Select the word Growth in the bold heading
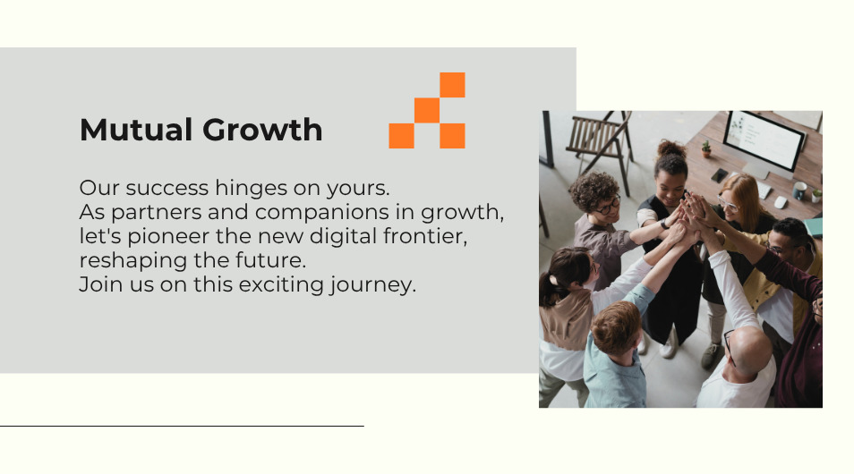coord(262,130)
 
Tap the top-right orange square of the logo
coord(452,85)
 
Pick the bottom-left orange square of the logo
coord(401,136)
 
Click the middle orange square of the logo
coord(427,111)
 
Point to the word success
coord(167,189)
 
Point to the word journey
coord(372,285)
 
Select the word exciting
coord(281,285)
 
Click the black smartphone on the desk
coord(719,175)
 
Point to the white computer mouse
coord(781,202)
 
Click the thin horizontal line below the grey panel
coord(182,426)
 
